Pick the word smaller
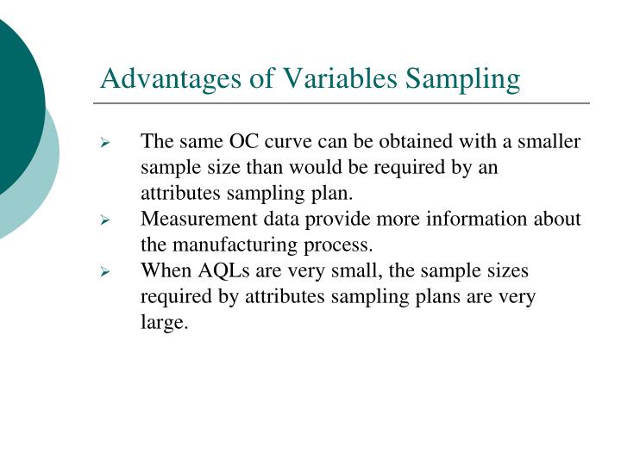point(549,141)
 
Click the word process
point(339,245)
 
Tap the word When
point(166,270)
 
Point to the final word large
point(164,323)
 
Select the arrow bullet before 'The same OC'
point(106,143)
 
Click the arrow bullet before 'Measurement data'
point(106,220)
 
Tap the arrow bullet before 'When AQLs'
point(106,272)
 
